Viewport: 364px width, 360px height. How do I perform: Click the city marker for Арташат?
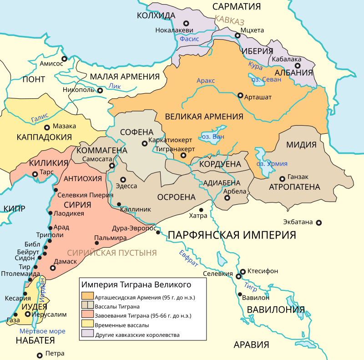240,96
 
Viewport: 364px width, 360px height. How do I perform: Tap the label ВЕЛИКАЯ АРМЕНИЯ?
204,117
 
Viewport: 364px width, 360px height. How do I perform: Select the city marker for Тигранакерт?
183,156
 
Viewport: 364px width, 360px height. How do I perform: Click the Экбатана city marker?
319,223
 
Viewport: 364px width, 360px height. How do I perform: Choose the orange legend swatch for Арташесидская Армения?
87,298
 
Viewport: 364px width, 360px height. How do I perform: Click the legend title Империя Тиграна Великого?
136,285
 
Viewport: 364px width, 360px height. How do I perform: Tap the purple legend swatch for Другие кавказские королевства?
87,335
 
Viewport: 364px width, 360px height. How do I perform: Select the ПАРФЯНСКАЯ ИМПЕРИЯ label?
232,235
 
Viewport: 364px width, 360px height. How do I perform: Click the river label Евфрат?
188,259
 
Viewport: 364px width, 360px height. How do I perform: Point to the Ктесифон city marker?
243,271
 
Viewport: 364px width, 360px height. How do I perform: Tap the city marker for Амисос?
65,59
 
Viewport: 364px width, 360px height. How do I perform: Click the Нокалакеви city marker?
186,23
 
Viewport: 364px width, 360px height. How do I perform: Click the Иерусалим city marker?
28,314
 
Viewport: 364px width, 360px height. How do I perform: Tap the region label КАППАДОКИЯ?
44,137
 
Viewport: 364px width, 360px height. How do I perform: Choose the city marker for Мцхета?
237,35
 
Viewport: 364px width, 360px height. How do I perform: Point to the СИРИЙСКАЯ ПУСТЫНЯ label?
112,253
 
